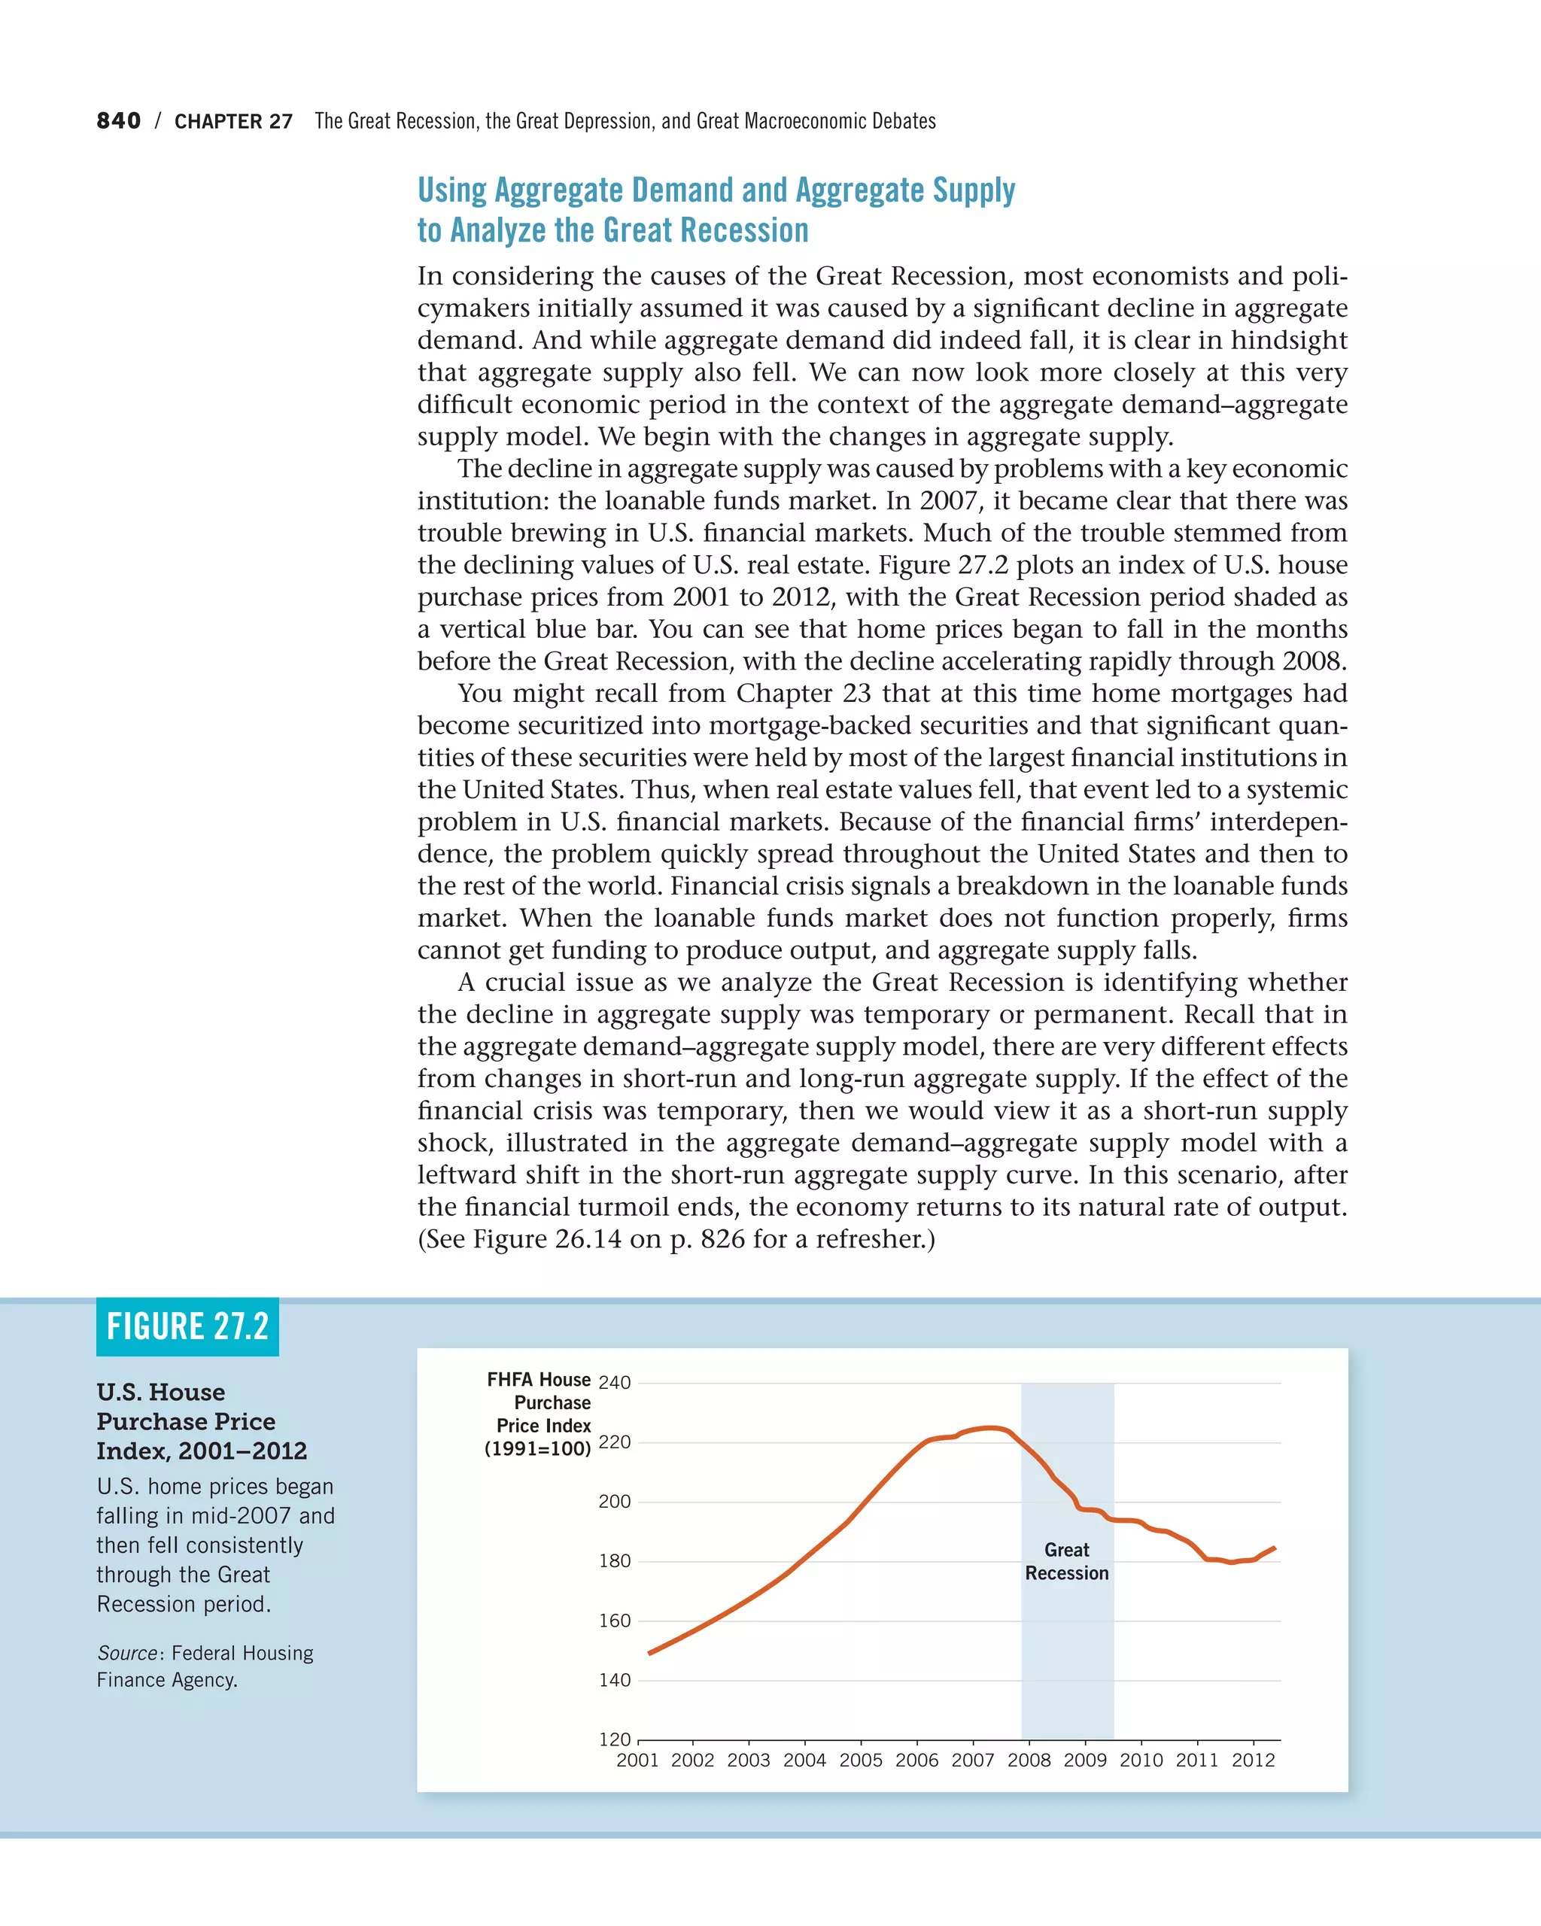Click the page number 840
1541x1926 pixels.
118,120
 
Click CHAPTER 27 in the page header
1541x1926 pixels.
233,121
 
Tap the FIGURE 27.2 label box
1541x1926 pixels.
187,1326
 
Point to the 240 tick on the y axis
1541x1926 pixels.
615,1383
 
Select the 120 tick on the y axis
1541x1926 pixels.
615,1739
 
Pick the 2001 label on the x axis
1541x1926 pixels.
638,1760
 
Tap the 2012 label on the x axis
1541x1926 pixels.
1254,1760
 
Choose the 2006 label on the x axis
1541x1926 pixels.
917,1760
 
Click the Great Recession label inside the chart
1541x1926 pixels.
1067,1562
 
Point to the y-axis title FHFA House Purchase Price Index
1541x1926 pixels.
539,1414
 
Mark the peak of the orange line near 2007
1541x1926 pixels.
989,1427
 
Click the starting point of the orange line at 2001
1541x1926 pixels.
649,1654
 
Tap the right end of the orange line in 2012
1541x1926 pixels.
1274,1548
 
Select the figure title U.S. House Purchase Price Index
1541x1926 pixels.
201,1421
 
